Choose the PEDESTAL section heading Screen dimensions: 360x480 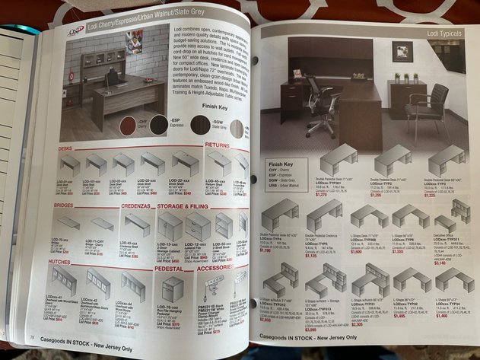click(171, 268)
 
